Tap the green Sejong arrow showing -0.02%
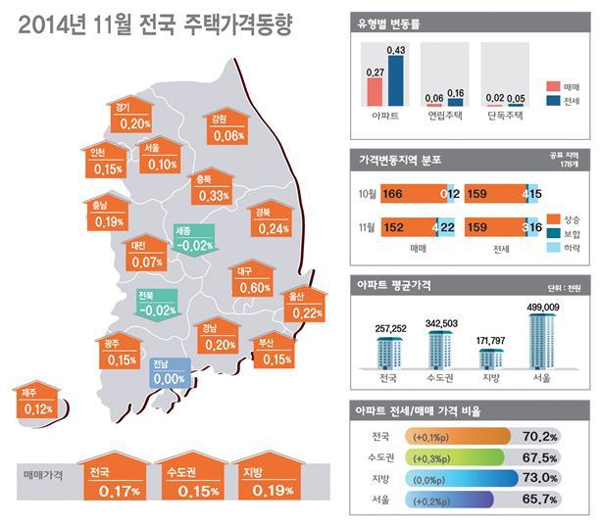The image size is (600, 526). [x=195, y=240]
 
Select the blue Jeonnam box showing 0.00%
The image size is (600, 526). [x=170, y=373]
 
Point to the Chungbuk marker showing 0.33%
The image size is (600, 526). [x=212, y=186]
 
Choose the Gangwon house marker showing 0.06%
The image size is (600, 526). [x=226, y=125]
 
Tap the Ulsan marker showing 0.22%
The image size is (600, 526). [x=305, y=305]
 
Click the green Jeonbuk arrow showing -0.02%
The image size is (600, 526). [x=157, y=305]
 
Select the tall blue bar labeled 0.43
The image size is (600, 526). [x=396, y=80]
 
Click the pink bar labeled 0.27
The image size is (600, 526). [x=375, y=92]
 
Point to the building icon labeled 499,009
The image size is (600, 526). [x=542, y=341]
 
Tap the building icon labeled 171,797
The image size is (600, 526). [x=491, y=359]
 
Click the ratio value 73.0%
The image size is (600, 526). [x=539, y=478]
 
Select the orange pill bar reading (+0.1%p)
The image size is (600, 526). [x=457, y=437]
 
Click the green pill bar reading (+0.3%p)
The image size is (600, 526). [x=454, y=457]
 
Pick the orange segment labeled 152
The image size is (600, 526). [x=409, y=227]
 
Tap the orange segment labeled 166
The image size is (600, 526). [x=414, y=194]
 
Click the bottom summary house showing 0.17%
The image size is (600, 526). [x=115, y=476]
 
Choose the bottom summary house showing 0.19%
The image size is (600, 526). [x=269, y=476]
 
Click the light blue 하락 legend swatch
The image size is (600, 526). [x=554, y=248]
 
